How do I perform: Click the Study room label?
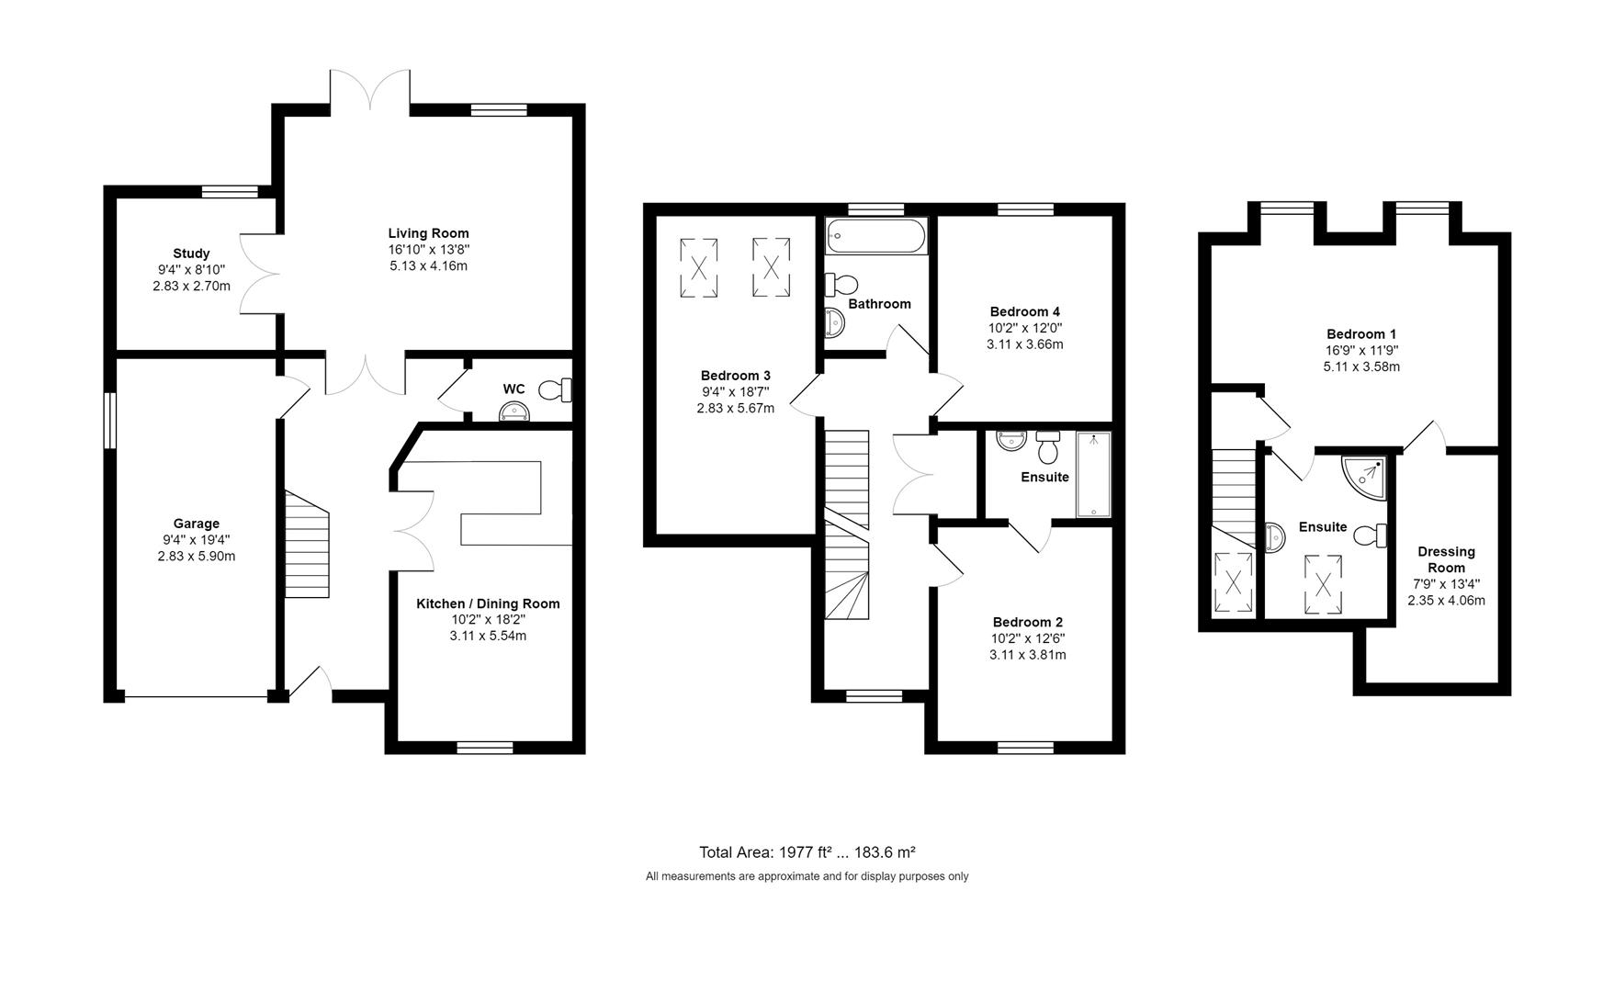tap(191, 254)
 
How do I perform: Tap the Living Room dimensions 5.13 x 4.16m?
tap(428, 266)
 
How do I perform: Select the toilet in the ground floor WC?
tap(554, 390)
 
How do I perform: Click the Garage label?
tap(197, 524)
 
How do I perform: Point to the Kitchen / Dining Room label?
tap(488, 603)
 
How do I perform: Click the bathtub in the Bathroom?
tap(876, 236)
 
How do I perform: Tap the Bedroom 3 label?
tap(735, 376)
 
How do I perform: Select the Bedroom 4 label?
tap(1024, 311)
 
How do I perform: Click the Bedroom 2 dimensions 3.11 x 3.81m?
tap(1027, 655)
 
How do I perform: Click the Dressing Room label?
tap(1446, 559)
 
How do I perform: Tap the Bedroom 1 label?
tap(1360, 334)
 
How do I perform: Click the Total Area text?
tap(807, 852)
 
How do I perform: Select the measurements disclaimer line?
tap(807, 876)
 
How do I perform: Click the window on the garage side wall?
tap(108, 421)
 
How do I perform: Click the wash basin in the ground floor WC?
tap(514, 413)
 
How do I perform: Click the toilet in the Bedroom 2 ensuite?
tap(1047, 447)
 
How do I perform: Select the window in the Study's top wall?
tap(230, 191)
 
